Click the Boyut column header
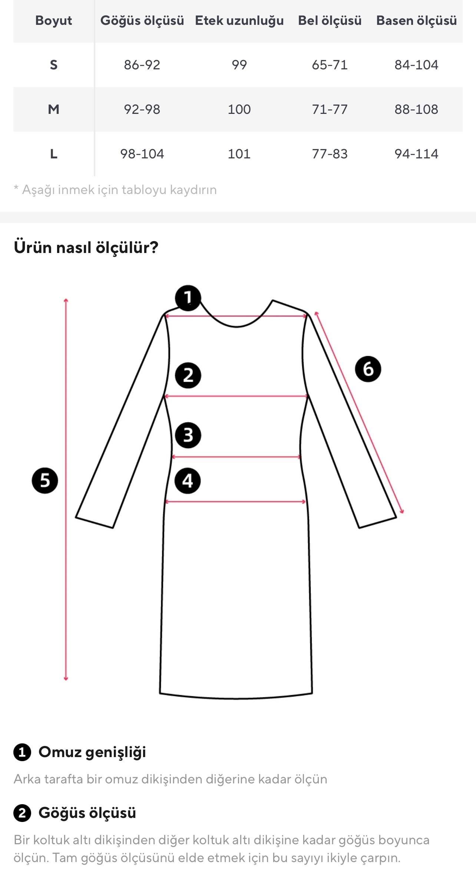point(53,20)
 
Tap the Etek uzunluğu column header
point(239,20)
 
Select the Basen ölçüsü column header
point(416,20)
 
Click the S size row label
point(53,65)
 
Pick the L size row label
point(53,154)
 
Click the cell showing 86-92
point(142,65)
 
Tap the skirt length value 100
point(239,109)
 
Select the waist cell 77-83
point(330,154)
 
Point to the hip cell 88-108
point(416,109)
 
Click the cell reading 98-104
point(142,154)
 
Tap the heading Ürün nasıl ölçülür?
point(86,247)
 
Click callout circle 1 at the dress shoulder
point(188,297)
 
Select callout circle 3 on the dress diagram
point(188,435)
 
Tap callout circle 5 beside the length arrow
point(45,480)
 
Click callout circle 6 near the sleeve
point(368,369)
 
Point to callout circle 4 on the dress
point(188,481)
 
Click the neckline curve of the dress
point(237,326)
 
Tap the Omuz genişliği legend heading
point(92,752)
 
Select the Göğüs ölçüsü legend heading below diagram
point(87,813)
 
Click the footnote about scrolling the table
point(115,190)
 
